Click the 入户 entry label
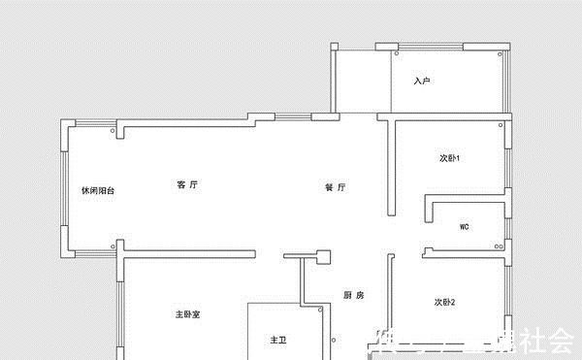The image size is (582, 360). tap(421, 81)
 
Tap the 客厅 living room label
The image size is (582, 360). tap(187, 184)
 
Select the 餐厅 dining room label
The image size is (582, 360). tap(336, 187)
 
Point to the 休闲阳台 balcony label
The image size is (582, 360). tap(98, 191)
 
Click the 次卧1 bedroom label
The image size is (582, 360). tap(449, 158)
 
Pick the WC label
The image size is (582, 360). tap(464, 227)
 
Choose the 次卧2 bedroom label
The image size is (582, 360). tap(445, 302)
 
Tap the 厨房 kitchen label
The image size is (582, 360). tap(353, 295)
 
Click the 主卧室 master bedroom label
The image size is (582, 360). tap(187, 314)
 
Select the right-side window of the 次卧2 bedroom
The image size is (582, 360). tap(508, 291)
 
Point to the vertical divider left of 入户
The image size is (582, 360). tap(391, 80)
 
